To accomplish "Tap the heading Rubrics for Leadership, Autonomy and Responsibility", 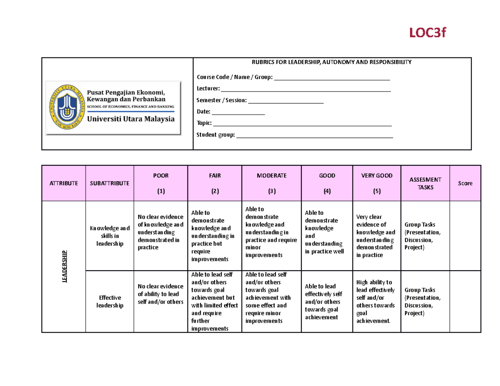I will pos(331,62).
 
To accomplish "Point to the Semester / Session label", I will pos(222,100).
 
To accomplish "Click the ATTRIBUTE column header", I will pos(63,183).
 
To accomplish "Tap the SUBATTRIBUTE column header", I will pos(110,183).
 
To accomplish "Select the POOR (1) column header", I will pos(161,183).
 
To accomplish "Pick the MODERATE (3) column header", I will pos(272,183).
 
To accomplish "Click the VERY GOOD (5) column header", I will pos(377,183).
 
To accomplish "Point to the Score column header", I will pos(465,183).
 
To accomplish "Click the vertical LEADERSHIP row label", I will pos(64,266).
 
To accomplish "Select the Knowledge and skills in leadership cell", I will pos(110,236).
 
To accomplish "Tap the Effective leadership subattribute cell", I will pos(110,301).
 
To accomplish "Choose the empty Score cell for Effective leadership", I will pos(465,301).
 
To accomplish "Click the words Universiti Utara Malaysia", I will pos(131,119).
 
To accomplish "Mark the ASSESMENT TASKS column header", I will pos(425,183).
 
